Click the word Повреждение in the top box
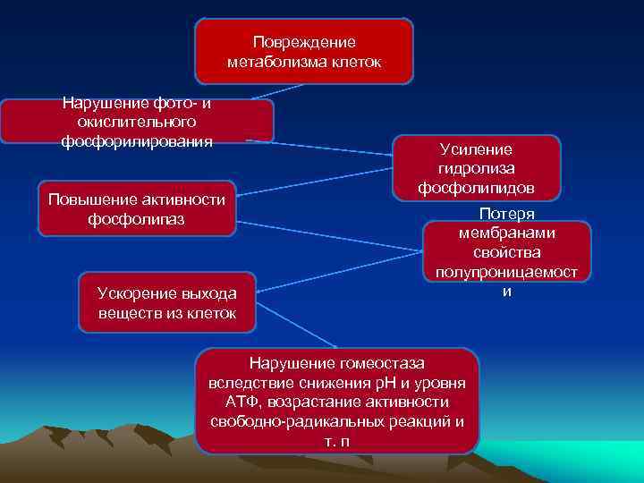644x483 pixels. [x=304, y=42]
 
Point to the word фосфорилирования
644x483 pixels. [x=137, y=141]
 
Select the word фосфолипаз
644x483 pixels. [x=137, y=218]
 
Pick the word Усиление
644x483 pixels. [x=476, y=149]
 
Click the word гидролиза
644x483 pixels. [x=476, y=168]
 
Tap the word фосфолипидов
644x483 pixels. [x=476, y=188]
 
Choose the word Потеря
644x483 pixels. [x=507, y=215]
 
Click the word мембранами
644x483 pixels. [x=507, y=233]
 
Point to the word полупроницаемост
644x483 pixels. [x=507, y=272]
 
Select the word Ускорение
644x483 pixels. [x=135, y=293]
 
